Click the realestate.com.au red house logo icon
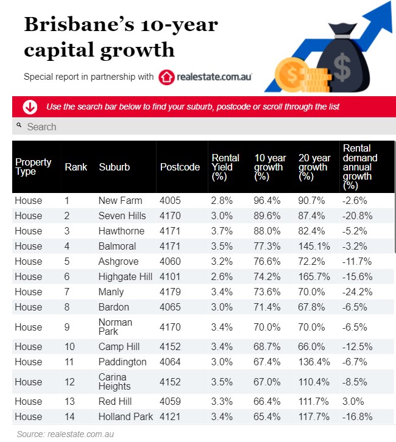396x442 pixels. [x=166, y=77]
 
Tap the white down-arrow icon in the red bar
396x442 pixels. [x=29, y=107]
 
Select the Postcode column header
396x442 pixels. [x=180, y=167]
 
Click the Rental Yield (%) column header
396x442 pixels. [x=225, y=167]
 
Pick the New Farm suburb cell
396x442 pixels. [x=120, y=200]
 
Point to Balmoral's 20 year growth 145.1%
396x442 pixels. [x=314, y=246]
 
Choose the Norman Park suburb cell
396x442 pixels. [x=115, y=327]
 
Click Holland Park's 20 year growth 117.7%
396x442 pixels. [x=314, y=416]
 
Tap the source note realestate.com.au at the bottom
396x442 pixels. [x=65, y=434]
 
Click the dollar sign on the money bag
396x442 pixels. [x=342, y=69]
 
